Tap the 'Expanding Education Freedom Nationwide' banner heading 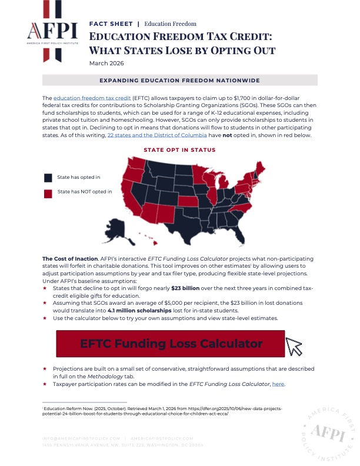tap(180, 80)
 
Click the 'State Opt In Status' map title tap(179, 150)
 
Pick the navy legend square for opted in tap(48, 177)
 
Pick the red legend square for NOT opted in tap(48, 192)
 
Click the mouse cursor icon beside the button tap(294, 348)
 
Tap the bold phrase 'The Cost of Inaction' tap(65, 259)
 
